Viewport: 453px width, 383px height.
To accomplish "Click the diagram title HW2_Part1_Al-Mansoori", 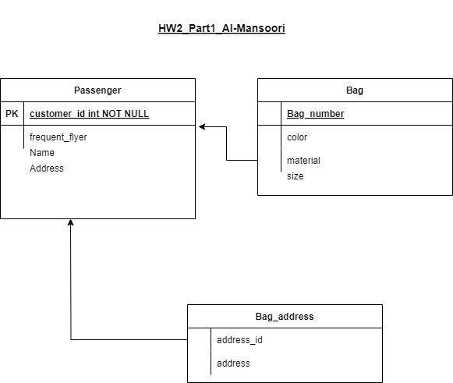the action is pos(221,28).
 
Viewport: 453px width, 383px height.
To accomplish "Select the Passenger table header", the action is pos(97,90).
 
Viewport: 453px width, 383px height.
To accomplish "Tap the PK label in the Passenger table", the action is pos(12,114).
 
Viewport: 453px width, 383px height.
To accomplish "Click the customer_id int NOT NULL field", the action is pos(89,114).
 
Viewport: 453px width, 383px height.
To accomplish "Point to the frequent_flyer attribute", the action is pos(58,137).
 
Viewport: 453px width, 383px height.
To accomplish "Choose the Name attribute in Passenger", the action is pos(42,153).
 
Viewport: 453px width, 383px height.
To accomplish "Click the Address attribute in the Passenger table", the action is pos(47,168).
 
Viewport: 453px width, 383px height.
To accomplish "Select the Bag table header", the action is pos(355,90).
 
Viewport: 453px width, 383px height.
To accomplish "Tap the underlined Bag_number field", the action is pos(316,114).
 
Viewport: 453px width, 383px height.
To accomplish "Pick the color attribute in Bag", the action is pos(297,137).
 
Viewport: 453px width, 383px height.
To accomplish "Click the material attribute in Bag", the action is pos(303,161).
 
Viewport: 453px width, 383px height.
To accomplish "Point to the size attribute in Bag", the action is pos(295,176).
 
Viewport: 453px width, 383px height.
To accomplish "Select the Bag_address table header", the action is pos(285,317).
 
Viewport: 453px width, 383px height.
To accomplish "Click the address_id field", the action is pos(239,340).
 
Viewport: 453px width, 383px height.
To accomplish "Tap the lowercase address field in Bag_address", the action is pos(233,363).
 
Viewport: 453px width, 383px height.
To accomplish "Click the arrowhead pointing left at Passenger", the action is pos(202,126).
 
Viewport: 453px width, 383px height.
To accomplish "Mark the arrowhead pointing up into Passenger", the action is pos(70,222).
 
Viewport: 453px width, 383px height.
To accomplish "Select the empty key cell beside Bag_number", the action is pos(269,114).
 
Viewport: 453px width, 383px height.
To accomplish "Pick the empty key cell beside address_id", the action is pos(199,340).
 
